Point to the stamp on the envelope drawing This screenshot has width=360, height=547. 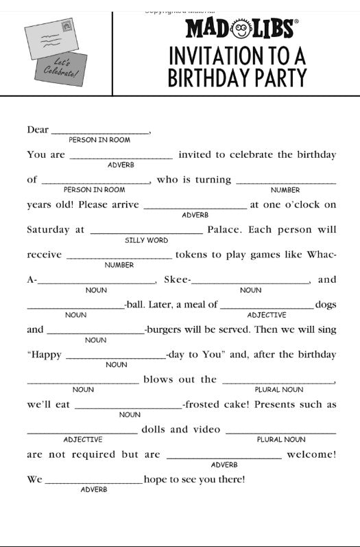67,27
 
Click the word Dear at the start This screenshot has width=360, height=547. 38,130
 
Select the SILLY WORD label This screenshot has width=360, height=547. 146,240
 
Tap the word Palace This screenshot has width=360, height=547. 224,229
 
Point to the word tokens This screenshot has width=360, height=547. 192,255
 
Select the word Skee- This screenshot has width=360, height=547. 178,279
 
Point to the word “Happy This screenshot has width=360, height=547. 44,355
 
